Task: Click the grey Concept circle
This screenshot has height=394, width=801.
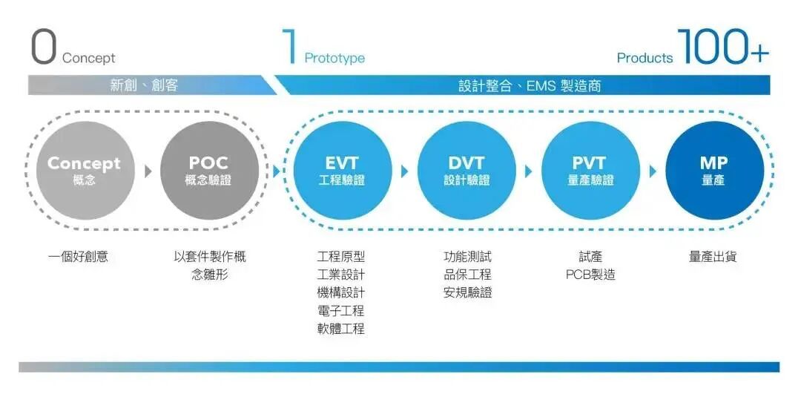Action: click(x=84, y=171)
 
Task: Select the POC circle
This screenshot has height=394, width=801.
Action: click(x=208, y=171)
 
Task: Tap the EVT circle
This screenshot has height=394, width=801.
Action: click(x=342, y=171)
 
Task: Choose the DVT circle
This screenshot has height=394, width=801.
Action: click(x=467, y=171)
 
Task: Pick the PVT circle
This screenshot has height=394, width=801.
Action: click(x=590, y=171)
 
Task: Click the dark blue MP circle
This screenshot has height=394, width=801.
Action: click(x=714, y=171)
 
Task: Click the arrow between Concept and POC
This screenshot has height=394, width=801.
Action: click(x=148, y=171)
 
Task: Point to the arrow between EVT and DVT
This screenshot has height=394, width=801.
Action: click(x=405, y=171)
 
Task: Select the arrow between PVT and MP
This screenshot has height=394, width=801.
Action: click(x=653, y=171)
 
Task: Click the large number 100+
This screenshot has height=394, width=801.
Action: click(x=723, y=47)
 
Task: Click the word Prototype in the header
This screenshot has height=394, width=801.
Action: click(x=334, y=58)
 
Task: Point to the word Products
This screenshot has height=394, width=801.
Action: click(x=645, y=58)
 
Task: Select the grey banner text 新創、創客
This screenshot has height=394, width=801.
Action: click(x=144, y=85)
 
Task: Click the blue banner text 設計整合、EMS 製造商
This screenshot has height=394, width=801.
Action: click(x=530, y=85)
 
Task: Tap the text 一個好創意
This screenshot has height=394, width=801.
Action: click(x=78, y=257)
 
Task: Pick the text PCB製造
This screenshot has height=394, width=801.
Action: click(x=590, y=275)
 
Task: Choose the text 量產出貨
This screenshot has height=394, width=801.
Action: click(x=713, y=257)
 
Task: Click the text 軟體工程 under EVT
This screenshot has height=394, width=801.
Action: click(x=340, y=329)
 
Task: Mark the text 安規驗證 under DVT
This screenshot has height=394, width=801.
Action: click(x=467, y=293)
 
